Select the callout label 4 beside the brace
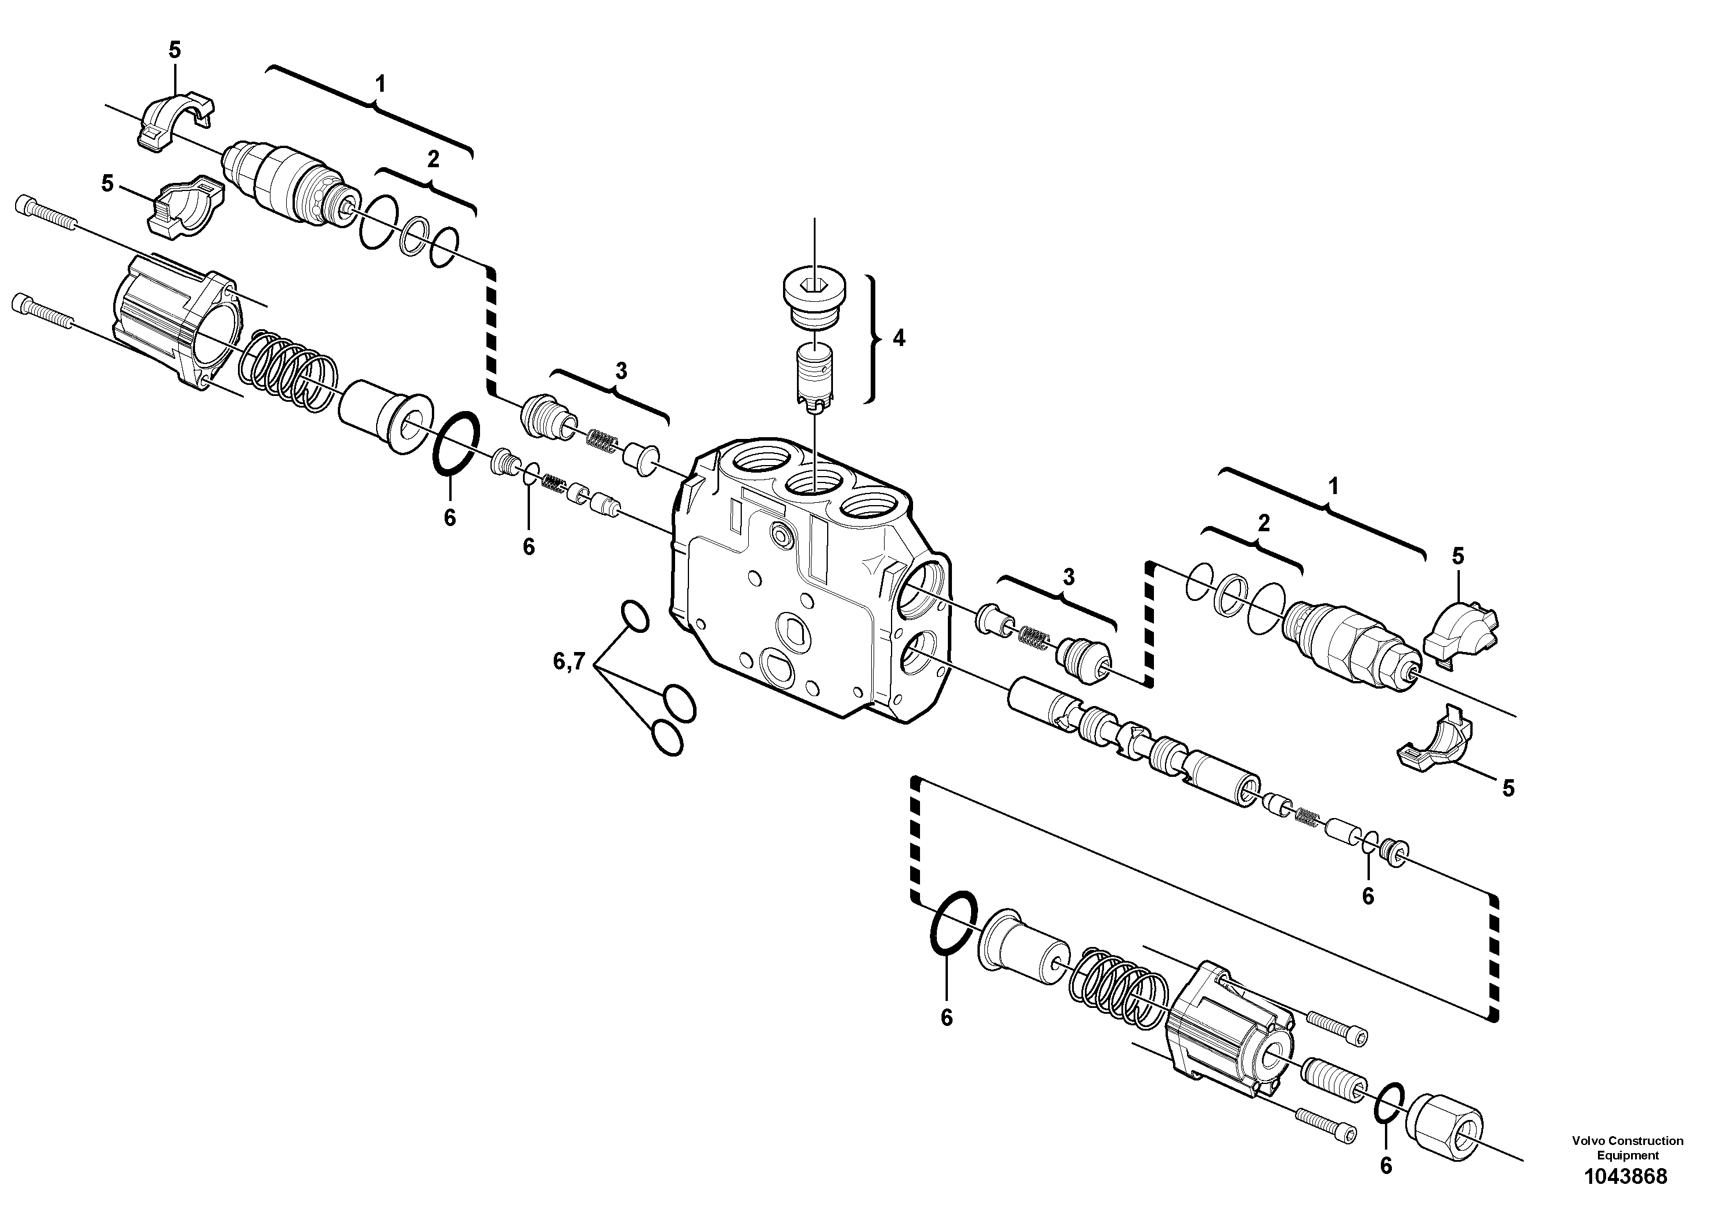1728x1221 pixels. [899, 338]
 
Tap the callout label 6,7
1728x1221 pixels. [569, 662]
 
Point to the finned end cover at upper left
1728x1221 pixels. [177, 320]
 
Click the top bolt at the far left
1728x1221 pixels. [45, 213]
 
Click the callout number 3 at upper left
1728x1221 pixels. [621, 370]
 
